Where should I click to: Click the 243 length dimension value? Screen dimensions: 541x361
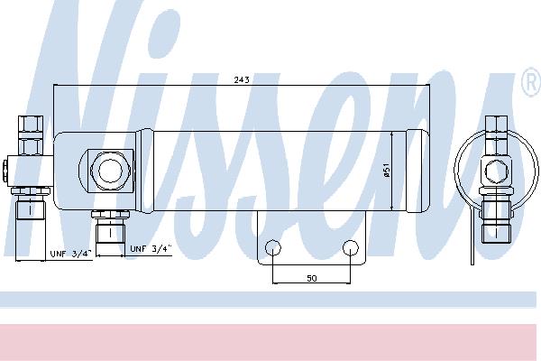242,79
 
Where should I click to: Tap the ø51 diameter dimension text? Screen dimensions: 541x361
387,171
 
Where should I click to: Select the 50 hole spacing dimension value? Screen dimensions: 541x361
312,278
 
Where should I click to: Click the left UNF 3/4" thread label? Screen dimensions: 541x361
71,254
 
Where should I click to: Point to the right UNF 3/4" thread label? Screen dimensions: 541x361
151,248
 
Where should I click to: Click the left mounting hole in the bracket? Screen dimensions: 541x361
273,247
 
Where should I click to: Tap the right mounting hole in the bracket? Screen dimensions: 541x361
351,247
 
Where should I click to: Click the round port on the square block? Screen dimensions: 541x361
110,170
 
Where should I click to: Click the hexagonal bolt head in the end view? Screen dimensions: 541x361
496,171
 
